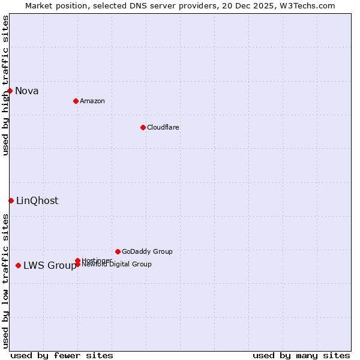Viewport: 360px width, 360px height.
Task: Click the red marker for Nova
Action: (10, 91)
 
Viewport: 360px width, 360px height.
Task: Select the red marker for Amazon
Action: (76, 101)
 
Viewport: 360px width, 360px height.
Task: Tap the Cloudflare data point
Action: (143, 127)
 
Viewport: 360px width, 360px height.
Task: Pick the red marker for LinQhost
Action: (11, 200)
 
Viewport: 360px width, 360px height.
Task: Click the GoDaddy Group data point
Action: (118, 251)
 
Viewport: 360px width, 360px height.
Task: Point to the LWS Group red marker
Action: (19, 265)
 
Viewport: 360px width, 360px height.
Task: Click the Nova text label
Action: (27, 91)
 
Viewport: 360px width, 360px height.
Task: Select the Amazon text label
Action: (92, 101)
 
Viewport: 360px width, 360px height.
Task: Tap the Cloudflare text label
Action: (163, 127)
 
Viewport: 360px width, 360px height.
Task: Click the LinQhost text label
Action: (37, 201)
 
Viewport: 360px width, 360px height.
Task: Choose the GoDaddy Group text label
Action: (147, 251)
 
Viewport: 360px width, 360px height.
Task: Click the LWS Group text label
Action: (50, 266)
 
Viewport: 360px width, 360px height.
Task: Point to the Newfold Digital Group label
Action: (117, 265)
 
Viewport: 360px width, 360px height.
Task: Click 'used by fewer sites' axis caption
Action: (62, 355)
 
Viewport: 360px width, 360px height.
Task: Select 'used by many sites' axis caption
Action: (301, 355)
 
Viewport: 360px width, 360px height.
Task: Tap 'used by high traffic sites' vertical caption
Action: (5, 85)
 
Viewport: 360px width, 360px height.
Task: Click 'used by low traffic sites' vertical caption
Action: (5, 281)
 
